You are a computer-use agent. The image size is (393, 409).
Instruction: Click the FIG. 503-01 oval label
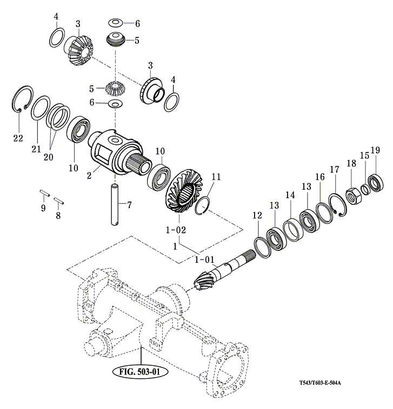[x=140, y=372]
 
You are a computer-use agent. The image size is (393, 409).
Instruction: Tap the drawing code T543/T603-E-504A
[x=320, y=383]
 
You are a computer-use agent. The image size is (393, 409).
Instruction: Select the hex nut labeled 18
[x=354, y=195]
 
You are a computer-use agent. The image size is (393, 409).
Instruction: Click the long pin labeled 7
[x=115, y=204]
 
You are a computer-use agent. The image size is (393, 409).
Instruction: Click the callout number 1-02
[x=176, y=230]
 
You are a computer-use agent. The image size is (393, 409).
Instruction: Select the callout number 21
[x=36, y=149]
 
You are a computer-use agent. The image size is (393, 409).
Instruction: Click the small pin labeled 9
[x=45, y=193]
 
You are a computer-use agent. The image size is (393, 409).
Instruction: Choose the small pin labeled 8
[x=59, y=201]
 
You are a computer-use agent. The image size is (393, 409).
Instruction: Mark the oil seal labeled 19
[x=376, y=182]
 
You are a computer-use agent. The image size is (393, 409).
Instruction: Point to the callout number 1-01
[x=204, y=260]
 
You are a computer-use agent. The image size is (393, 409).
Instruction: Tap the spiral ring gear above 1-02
[x=184, y=191]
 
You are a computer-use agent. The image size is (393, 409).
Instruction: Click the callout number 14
[x=290, y=195]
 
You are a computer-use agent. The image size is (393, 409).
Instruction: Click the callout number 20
[x=48, y=157]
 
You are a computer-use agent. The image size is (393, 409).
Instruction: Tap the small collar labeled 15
[x=365, y=189]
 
